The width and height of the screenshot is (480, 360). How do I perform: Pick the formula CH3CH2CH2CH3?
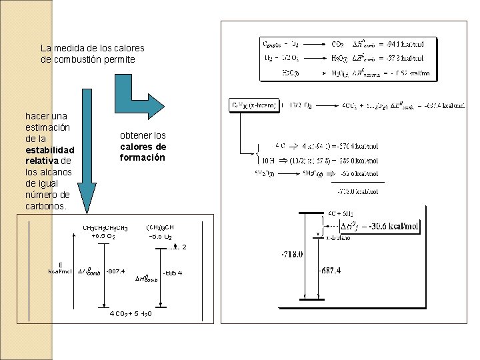[x=105, y=228]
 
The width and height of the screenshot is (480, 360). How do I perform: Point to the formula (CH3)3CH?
[x=159, y=227]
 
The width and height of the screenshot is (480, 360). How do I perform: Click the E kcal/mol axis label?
[x=61, y=267]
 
